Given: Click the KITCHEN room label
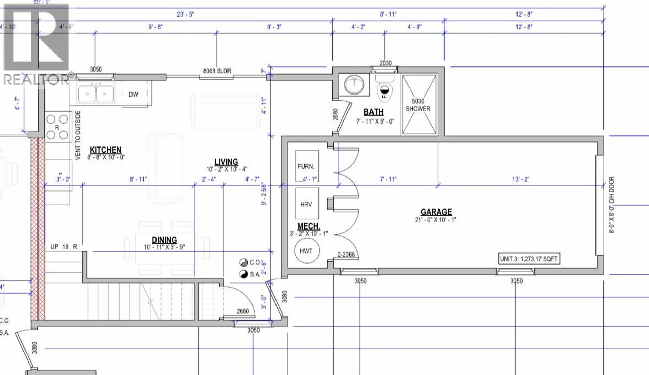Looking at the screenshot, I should (105, 150).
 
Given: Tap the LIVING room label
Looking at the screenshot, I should (226, 162).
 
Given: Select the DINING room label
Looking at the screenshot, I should (164, 240).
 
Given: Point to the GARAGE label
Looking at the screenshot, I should (436, 212).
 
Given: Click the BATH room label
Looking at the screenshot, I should (374, 112).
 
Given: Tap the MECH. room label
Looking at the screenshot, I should (309, 226).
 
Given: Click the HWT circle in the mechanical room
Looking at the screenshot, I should (306, 251).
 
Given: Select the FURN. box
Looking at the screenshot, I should (307, 166).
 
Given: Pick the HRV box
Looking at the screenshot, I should (306, 204).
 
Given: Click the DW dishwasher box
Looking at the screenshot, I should (134, 95).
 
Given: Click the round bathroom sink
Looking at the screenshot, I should (354, 83).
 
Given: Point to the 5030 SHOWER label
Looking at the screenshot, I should (418, 105).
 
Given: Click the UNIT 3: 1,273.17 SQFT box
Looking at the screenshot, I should (529, 259).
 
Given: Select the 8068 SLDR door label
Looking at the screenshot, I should (217, 71).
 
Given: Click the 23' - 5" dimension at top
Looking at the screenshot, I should (185, 14).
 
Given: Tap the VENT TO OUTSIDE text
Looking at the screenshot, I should (78, 135).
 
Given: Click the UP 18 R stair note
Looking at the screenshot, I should (64, 247).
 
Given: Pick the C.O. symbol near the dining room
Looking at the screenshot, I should (244, 262).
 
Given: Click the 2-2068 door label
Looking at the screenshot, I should (346, 255).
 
